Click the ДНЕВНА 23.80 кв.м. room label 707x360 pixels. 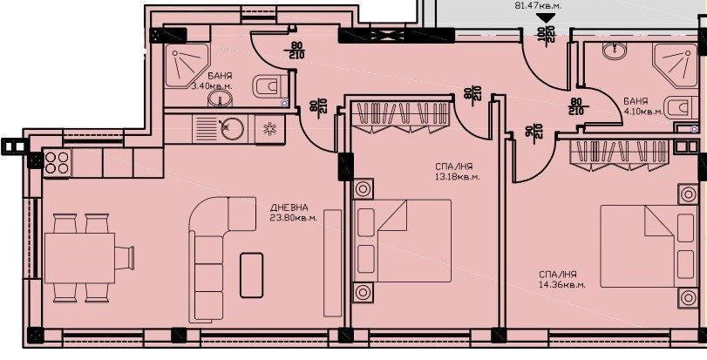[294, 212]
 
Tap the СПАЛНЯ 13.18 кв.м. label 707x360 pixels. [457, 172]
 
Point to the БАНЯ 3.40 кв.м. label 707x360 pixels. [213, 81]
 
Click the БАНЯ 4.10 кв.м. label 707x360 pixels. [643, 106]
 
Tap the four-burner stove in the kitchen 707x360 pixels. [58, 163]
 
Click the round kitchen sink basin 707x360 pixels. [231, 129]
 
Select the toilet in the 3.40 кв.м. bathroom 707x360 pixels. [269, 86]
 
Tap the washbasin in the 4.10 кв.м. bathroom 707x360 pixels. [615, 51]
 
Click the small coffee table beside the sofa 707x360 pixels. [252, 275]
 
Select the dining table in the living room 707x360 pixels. [80, 258]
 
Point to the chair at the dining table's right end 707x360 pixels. [125, 258]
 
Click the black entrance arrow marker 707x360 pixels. [545, 18]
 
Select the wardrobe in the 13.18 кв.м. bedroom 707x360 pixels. [401, 118]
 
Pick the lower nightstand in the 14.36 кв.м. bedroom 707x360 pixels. [688, 298]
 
